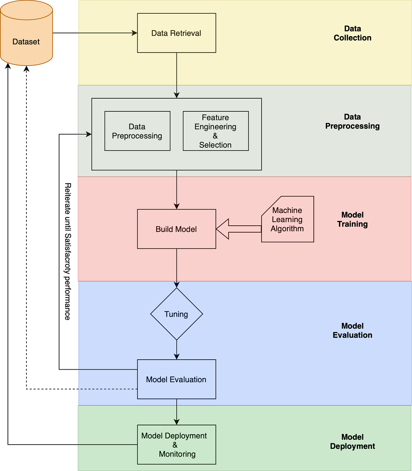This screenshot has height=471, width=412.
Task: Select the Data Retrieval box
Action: (176, 33)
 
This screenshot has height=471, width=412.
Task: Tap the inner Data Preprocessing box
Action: (137, 131)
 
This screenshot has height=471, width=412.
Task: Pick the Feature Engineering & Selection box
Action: (216, 131)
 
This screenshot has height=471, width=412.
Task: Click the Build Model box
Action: (176, 229)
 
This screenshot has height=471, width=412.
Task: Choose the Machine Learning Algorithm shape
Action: (288, 219)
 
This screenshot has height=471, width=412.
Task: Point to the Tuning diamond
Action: (176, 314)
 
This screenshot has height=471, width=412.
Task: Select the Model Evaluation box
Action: (176, 379)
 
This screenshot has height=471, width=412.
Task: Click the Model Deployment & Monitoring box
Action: (176, 445)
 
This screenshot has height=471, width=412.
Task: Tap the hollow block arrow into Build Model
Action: (239, 229)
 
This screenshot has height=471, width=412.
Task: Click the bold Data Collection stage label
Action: (352, 33)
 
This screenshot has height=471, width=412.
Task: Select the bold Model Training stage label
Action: (352, 220)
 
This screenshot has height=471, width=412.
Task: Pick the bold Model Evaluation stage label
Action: (352, 330)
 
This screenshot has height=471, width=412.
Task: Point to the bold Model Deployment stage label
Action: (352, 441)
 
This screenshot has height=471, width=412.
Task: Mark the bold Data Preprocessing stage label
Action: (352, 122)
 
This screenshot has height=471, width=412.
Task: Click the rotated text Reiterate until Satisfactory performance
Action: (68, 251)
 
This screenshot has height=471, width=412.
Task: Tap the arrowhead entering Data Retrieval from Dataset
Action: (135, 33)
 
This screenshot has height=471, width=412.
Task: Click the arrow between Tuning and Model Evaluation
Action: (176, 350)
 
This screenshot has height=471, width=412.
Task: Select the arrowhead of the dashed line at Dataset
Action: (26, 68)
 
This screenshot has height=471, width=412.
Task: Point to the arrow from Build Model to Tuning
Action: (176, 268)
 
